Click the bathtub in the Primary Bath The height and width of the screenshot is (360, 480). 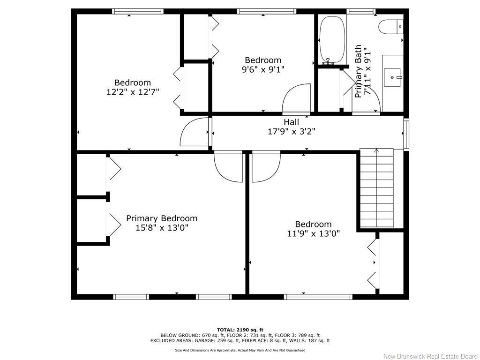click(x=332, y=40)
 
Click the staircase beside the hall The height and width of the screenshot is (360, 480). click(x=376, y=187)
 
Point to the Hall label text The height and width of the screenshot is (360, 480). click(x=291, y=122)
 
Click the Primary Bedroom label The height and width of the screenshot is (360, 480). click(x=162, y=218)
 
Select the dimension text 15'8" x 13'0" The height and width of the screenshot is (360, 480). click(x=162, y=228)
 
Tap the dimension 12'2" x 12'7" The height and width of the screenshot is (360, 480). click(x=133, y=92)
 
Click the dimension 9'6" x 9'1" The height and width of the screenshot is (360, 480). click(x=263, y=69)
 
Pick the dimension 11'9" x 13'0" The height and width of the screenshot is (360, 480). click(x=313, y=233)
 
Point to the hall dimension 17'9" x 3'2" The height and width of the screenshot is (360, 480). click(x=291, y=132)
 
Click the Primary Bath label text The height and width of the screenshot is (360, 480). click(x=359, y=71)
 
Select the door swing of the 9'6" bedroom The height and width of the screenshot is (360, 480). click(x=297, y=98)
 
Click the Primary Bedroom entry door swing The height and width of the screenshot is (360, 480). click(x=228, y=167)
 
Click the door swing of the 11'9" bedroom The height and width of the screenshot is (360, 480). click(x=266, y=167)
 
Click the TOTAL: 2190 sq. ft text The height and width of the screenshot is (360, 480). click(x=240, y=330)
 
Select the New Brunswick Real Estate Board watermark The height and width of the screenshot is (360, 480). click(x=430, y=356)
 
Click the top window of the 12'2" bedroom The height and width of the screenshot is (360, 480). click(x=137, y=11)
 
